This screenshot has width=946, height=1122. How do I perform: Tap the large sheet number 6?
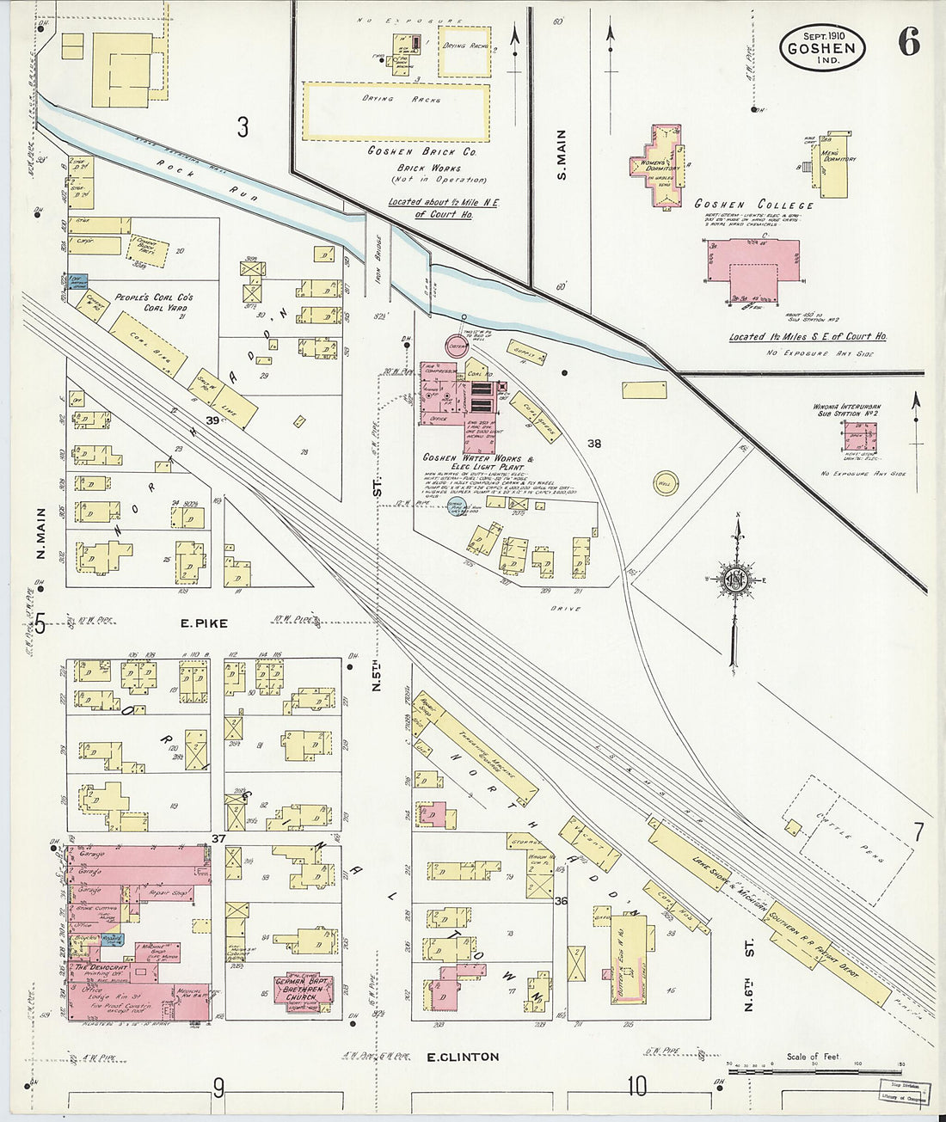(908, 42)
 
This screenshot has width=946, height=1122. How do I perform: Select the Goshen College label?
(753, 205)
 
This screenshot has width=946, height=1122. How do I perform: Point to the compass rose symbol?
(736, 579)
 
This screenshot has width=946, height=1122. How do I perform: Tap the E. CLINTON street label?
(463, 1057)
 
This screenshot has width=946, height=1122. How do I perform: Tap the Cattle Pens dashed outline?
(856, 838)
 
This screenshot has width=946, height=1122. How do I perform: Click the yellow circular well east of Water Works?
(666, 482)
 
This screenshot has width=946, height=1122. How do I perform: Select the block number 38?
(593, 444)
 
